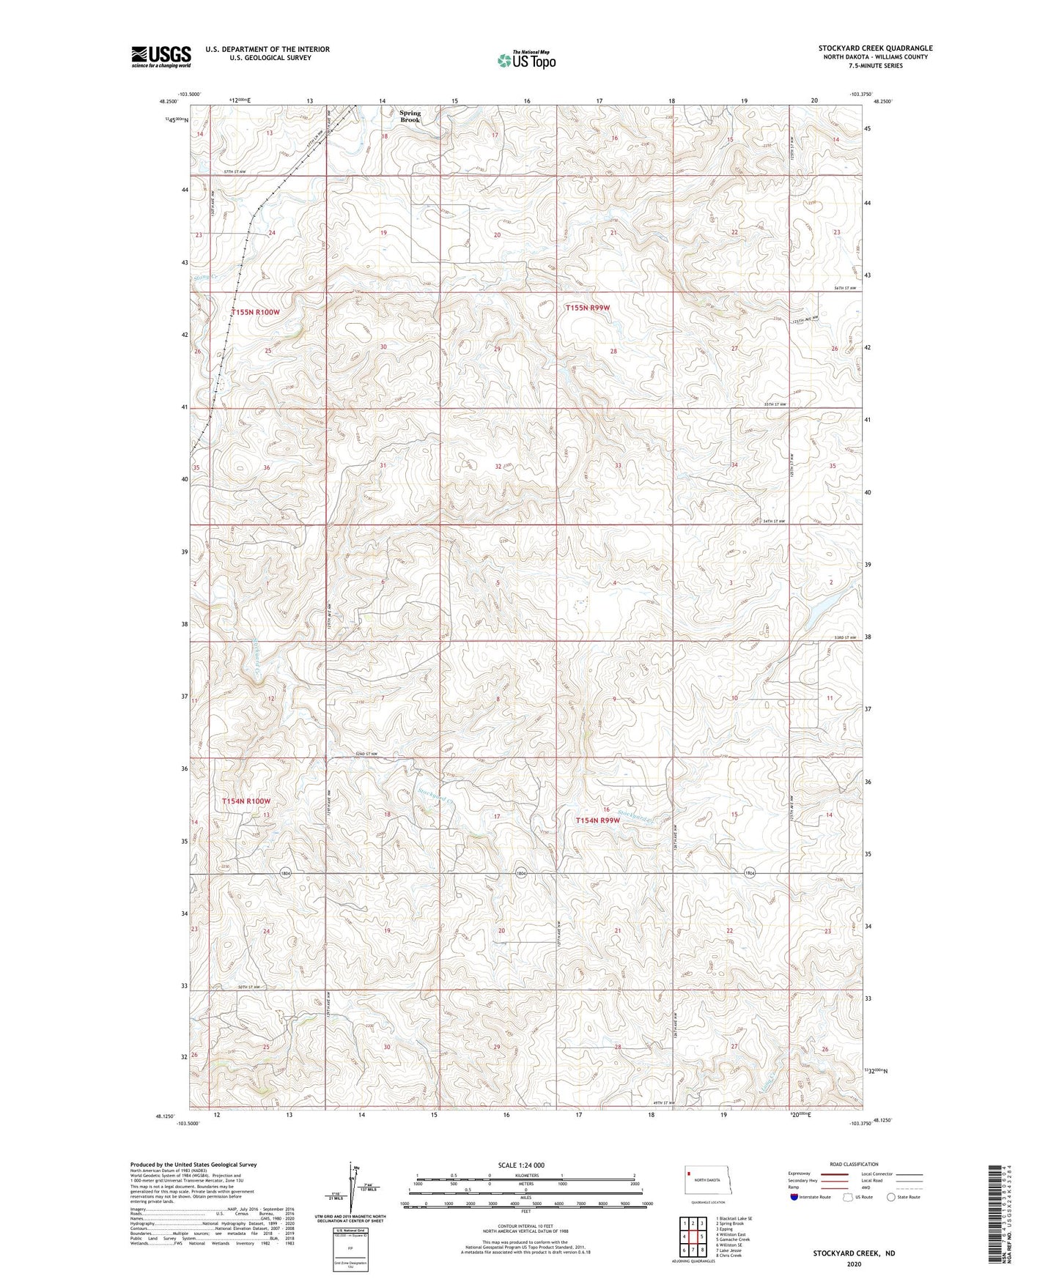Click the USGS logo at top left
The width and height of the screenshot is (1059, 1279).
[160, 56]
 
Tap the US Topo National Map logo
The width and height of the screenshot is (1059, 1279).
[526, 59]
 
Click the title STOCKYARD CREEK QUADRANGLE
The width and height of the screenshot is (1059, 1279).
[875, 48]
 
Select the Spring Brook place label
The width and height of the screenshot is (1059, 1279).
[410, 116]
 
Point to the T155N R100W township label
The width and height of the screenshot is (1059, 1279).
[255, 312]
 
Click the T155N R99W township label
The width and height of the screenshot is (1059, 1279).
[587, 308]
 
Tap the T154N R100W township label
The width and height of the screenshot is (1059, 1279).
[246, 801]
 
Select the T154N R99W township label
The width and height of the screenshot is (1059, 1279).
[597, 820]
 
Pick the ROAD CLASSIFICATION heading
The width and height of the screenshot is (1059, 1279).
[854, 1164]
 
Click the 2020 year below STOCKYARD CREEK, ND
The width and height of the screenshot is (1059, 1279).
[853, 1264]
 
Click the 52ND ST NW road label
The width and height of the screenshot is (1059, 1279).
[364, 754]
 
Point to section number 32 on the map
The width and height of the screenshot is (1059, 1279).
[498, 466]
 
